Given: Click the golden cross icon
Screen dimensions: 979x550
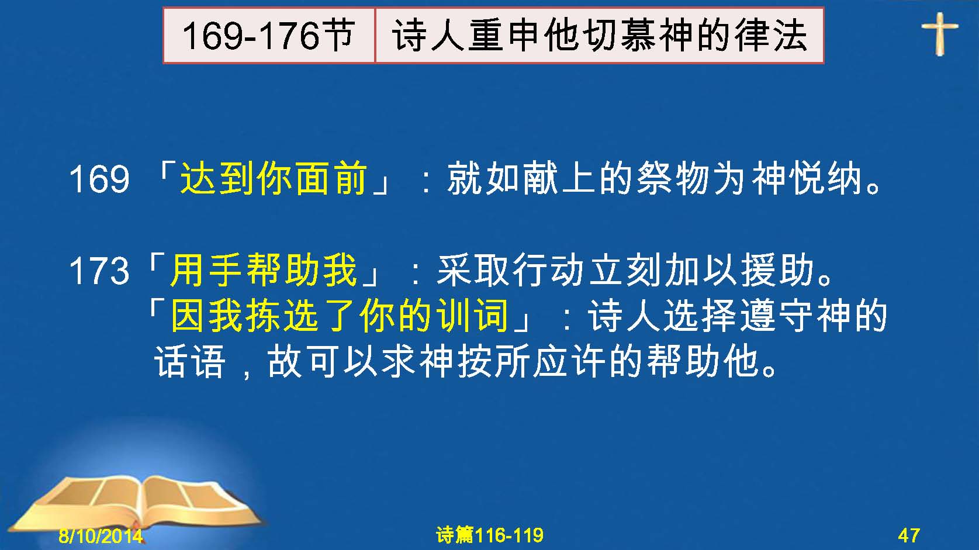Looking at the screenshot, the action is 939,34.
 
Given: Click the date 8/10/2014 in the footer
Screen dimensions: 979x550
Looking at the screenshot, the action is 101,536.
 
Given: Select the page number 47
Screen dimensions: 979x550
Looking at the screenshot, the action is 909,535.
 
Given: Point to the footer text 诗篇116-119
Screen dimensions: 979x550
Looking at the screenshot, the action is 490,535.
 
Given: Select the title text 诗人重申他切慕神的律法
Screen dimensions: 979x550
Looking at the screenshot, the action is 599,36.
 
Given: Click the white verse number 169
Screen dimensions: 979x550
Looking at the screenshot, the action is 99,179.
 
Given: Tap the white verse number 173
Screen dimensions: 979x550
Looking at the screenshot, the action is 99,271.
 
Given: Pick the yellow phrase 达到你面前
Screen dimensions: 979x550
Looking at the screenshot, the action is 274,178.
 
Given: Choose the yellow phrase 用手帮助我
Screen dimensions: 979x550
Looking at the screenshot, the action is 264,270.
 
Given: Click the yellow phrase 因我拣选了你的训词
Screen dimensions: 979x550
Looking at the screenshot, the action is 339,315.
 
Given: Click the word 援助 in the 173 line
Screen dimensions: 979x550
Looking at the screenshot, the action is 778,270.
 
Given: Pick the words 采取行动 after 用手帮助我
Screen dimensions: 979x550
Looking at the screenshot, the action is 511,270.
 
